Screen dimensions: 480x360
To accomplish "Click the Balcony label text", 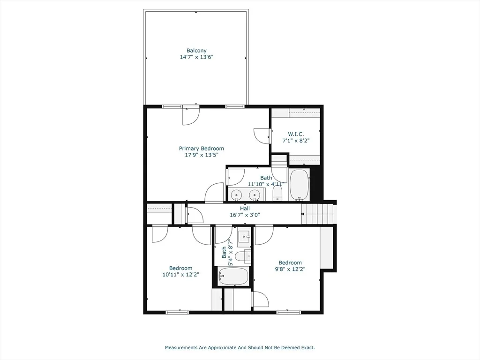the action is pyautogui.click(x=196, y=51).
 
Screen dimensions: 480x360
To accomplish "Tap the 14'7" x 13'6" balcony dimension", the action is pyautogui.click(x=196, y=57).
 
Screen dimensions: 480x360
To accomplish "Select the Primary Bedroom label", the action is pyautogui.click(x=202, y=149).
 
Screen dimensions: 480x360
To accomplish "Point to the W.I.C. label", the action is pyautogui.click(x=296, y=134).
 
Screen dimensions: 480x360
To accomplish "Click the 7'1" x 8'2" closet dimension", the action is pyautogui.click(x=296, y=141).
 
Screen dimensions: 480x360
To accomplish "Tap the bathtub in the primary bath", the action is pyautogui.click(x=299, y=185).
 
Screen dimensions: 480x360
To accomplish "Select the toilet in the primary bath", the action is pyautogui.click(x=277, y=194).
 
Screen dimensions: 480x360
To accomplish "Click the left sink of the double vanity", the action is pyautogui.click(x=237, y=195).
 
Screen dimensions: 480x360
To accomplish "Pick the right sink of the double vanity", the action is pyautogui.click(x=255, y=195).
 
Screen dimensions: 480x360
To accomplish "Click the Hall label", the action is pyautogui.click(x=245, y=209).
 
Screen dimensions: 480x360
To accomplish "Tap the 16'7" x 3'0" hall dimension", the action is pyautogui.click(x=245, y=215).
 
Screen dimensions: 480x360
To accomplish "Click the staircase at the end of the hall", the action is pyautogui.click(x=317, y=214).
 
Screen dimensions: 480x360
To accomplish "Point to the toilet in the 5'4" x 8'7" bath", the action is pyautogui.click(x=243, y=256).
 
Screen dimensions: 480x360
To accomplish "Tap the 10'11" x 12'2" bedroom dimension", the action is pyautogui.click(x=181, y=275).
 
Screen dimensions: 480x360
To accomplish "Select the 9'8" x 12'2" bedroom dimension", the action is pyautogui.click(x=290, y=269).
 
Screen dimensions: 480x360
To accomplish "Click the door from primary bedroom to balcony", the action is pyautogui.click(x=191, y=116).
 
